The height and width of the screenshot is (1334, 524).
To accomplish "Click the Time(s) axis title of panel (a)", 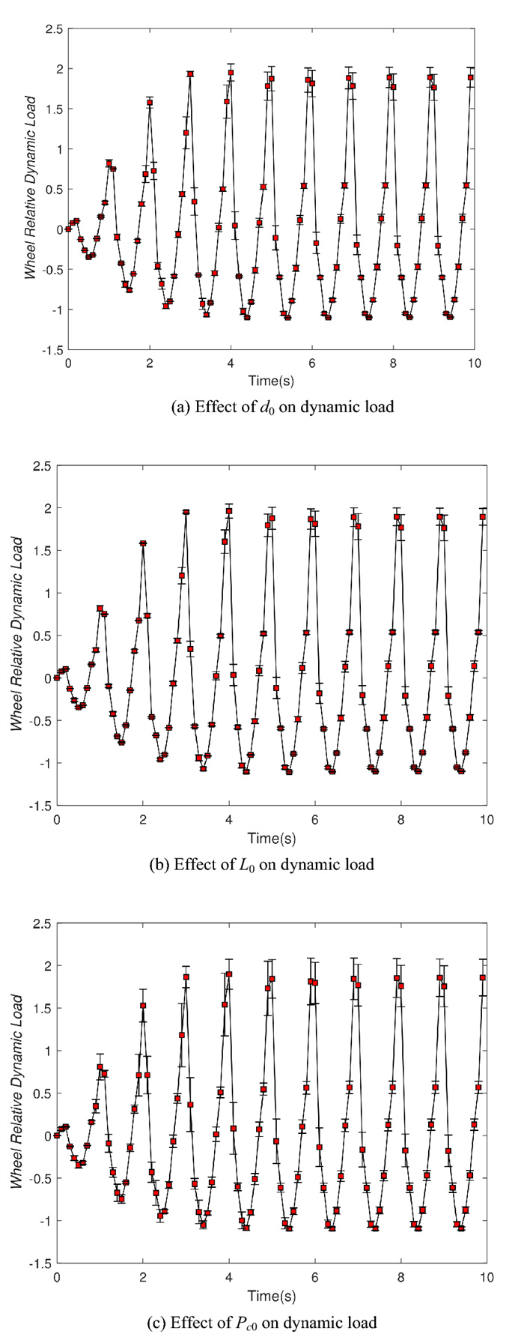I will click(x=271, y=381).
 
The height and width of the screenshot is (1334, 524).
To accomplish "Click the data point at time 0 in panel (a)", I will click(x=68, y=229).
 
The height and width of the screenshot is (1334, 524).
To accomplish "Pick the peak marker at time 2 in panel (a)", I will click(x=150, y=103).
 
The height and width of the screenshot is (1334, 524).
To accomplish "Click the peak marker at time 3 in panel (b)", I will click(x=186, y=512).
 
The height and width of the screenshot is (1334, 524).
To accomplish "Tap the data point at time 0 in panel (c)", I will click(x=57, y=1135).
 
